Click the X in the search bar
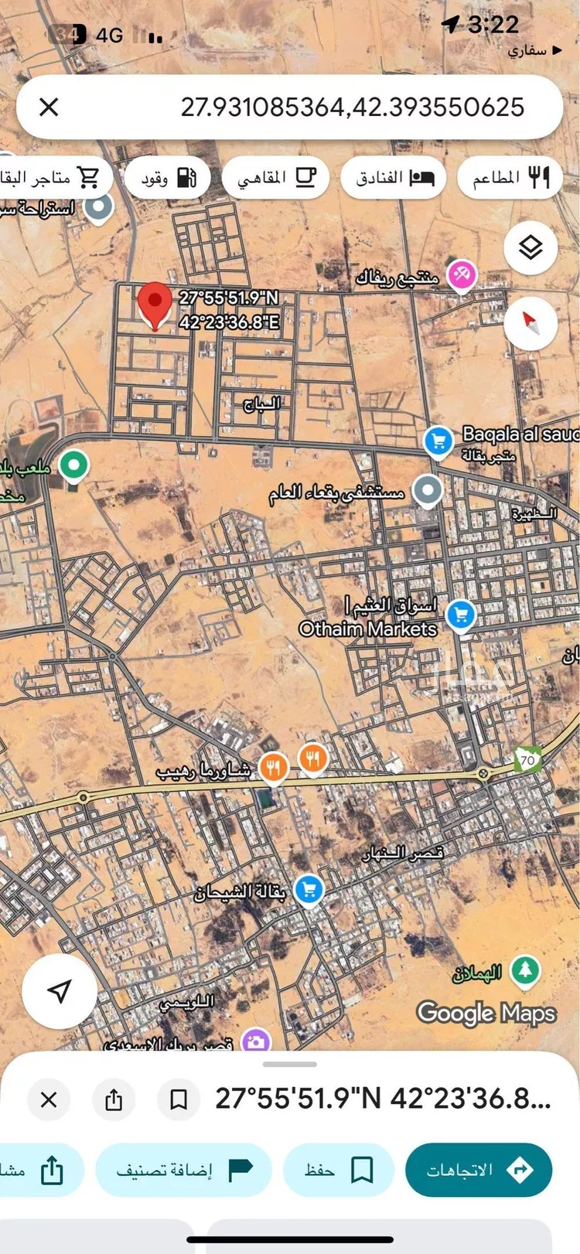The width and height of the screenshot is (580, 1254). (x=49, y=107)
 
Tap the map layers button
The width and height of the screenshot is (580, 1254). (x=530, y=248)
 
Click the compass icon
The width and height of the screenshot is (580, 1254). (x=530, y=322)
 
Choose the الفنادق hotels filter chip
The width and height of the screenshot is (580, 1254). (x=394, y=178)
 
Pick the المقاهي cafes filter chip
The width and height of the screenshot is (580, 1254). (x=276, y=178)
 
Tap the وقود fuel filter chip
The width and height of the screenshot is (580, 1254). (x=167, y=178)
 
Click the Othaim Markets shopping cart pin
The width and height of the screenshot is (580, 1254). (x=461, y=615)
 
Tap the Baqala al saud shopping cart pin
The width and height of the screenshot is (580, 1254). (x=438, y=441)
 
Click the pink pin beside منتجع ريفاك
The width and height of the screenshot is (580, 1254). (x=461, y=274)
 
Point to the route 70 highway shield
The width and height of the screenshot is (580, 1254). (x=528, y=759)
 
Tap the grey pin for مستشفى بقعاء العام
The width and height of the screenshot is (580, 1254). (x=427, y=489)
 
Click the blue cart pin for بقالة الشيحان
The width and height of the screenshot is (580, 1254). (x=309, y=889)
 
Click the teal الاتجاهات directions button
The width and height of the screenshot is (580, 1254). (x=478, y=1170)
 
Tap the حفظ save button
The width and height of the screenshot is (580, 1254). (x=339, y=1170)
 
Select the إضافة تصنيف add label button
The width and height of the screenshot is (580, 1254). (x=184, y=1170)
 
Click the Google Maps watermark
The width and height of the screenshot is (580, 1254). (x=486, y=1013)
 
